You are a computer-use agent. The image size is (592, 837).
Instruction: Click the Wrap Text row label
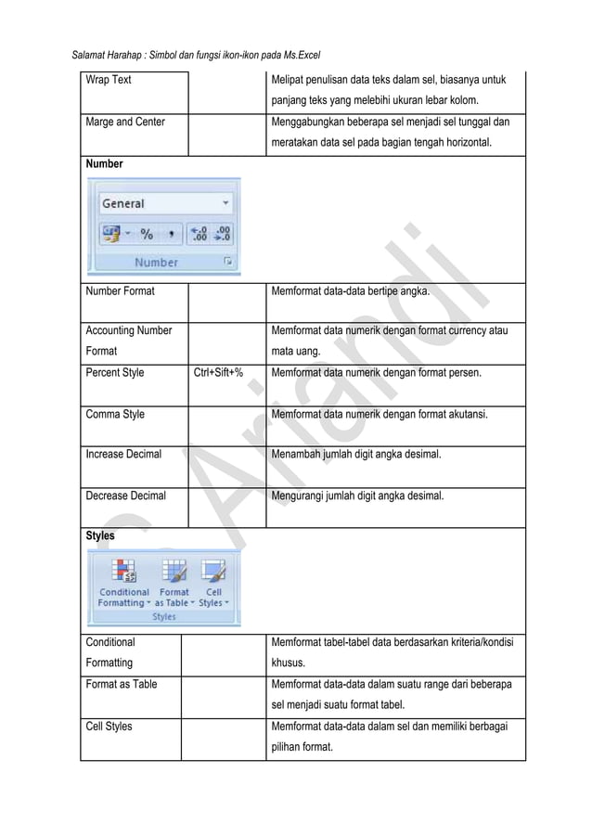click(x=109, y=80)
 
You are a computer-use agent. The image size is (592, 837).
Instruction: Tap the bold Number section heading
click(x=105, y=163)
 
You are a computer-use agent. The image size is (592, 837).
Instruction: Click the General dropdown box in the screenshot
click(x=164, y=203)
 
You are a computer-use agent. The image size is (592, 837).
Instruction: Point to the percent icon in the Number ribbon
click(x=147, y=233)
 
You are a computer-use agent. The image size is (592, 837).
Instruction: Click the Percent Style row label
click(x=115, y=374)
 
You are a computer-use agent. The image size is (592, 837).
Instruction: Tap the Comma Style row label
click(x=115, y=415)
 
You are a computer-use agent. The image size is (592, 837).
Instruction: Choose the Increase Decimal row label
click(x=123, y=455)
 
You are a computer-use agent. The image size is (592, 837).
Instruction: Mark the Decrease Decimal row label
click(x=125, y=496)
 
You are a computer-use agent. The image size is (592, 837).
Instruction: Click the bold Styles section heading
click(x=100, y=536)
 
